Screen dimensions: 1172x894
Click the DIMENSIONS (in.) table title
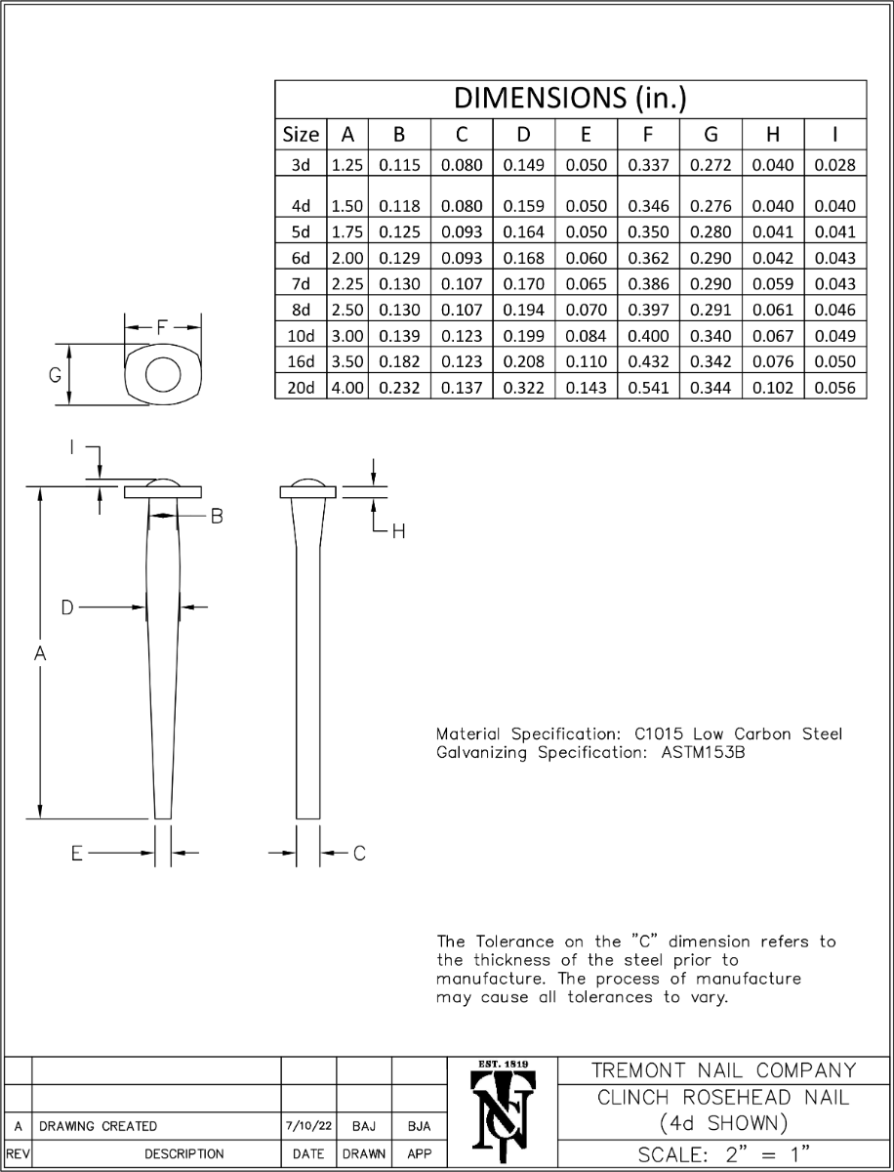571,98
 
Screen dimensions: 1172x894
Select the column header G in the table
711,135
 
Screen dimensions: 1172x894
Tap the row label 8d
301,310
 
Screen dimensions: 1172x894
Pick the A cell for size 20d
347,388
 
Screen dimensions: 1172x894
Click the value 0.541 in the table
648,388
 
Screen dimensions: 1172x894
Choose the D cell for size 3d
523,165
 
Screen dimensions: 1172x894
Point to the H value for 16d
773,361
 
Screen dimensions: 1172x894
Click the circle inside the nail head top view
163,375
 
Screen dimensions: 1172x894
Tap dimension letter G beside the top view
56,375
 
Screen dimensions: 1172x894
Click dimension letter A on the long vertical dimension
40,656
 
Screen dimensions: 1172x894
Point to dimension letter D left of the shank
67,607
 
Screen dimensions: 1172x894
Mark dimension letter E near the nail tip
76,854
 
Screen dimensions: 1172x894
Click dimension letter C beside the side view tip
359,854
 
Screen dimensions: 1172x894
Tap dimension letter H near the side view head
397,531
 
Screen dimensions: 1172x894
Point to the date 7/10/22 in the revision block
308,1126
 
